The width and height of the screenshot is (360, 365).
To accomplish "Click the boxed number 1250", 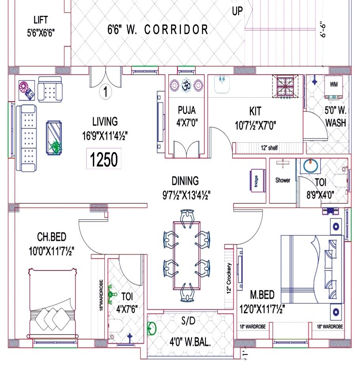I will pos(104,160).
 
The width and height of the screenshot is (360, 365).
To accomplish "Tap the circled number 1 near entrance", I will pos(106,92).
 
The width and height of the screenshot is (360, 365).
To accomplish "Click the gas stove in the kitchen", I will pos(286,87).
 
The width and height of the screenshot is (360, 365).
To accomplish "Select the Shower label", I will pos(283,180).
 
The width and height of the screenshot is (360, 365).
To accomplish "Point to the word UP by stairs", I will pos(237,11).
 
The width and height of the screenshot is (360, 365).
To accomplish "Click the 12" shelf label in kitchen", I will pos(269,148).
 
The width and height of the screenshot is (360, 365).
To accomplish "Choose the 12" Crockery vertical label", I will pos(229,278).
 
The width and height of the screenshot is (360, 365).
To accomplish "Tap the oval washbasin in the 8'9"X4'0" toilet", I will pos(312,166).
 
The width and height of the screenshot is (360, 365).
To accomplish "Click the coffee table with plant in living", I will pos(54,137).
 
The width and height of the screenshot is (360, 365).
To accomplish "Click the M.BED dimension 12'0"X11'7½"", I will pos(263,308).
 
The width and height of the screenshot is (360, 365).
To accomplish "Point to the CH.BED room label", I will pos(52,237).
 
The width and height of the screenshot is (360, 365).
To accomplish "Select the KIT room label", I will pos(255,111).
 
